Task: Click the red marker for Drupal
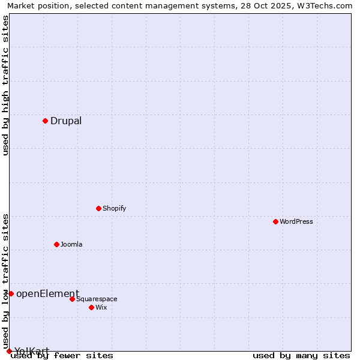(45, 121)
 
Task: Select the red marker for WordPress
(275, 221)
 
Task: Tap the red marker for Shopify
(98, 208)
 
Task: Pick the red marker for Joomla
(56, 244)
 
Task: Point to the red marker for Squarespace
(72, 299)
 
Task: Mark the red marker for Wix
(91, 307)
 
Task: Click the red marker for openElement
(11, 293)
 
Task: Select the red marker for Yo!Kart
(9, 351)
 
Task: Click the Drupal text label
(66, 121)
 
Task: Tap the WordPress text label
(296, 221)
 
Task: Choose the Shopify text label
(114, 208)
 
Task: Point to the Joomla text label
(71, 244)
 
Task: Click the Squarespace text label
(97, 299)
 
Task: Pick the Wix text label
(101, 307)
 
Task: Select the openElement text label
(47, 293)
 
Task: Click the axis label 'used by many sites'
(301, 356)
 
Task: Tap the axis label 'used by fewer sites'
(62, 356)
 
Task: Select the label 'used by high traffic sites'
(6, 85)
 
